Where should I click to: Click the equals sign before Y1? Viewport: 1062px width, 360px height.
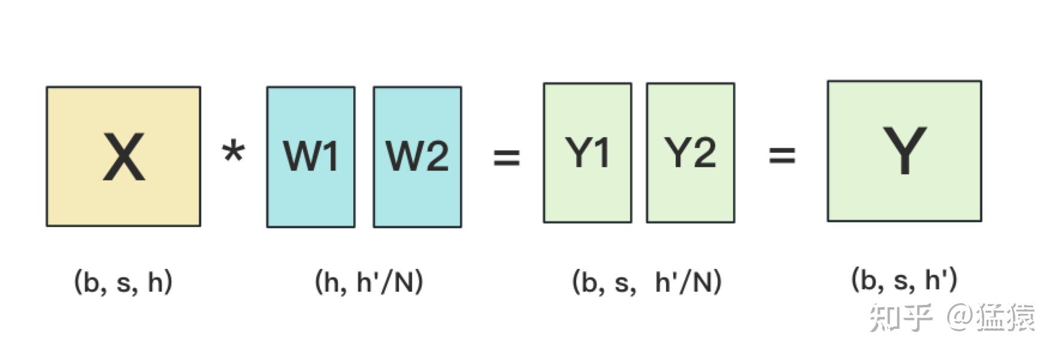pos(506,158)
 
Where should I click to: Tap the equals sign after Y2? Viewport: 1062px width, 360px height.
pos(782,156)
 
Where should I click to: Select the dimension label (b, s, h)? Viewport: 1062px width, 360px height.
pos(123,282)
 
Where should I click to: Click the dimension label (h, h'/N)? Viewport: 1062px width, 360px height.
pos(369,282)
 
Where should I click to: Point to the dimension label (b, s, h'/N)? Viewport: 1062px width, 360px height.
pos(647,282)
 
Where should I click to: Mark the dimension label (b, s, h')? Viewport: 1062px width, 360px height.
pos(904,280)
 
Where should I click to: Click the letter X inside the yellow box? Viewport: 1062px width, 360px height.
pos(123,157)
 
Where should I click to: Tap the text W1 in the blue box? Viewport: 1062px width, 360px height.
pos(310,156)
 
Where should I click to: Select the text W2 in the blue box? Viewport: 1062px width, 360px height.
pos(417,156)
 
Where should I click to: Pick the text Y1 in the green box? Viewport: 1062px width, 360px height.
pos(587,153)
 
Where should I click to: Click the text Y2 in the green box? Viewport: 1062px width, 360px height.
pos(690,153)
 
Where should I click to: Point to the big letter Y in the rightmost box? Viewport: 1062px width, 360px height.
pos(904,150)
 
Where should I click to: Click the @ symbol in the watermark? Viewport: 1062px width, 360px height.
pos(959,317)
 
